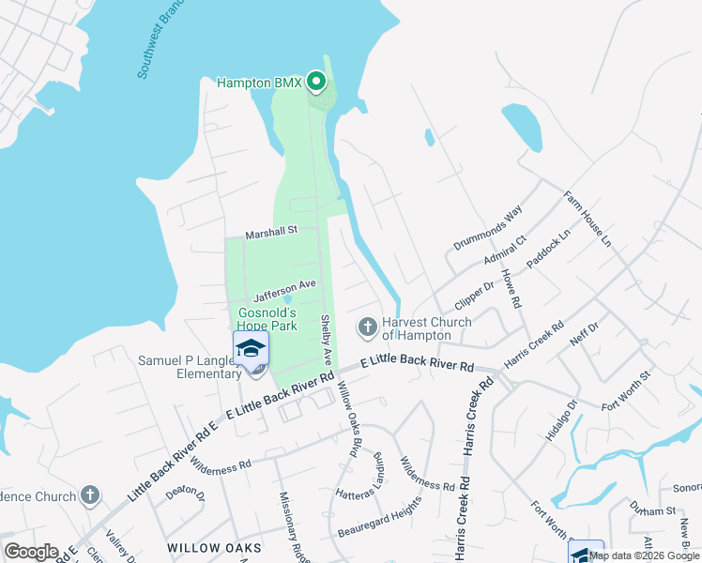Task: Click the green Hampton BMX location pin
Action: click(316, 83)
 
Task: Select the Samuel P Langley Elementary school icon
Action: click(251, 348)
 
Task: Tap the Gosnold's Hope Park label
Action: click(267, 319)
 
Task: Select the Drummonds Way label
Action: click(487, 229)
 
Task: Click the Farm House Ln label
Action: click(587, 220)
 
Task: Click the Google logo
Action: click(31, 552)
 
